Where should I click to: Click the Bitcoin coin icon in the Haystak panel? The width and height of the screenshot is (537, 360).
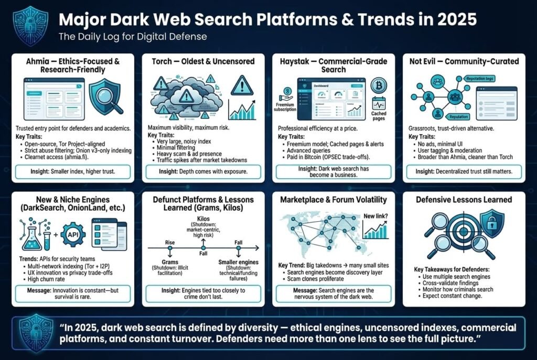(x=378, y=85)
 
